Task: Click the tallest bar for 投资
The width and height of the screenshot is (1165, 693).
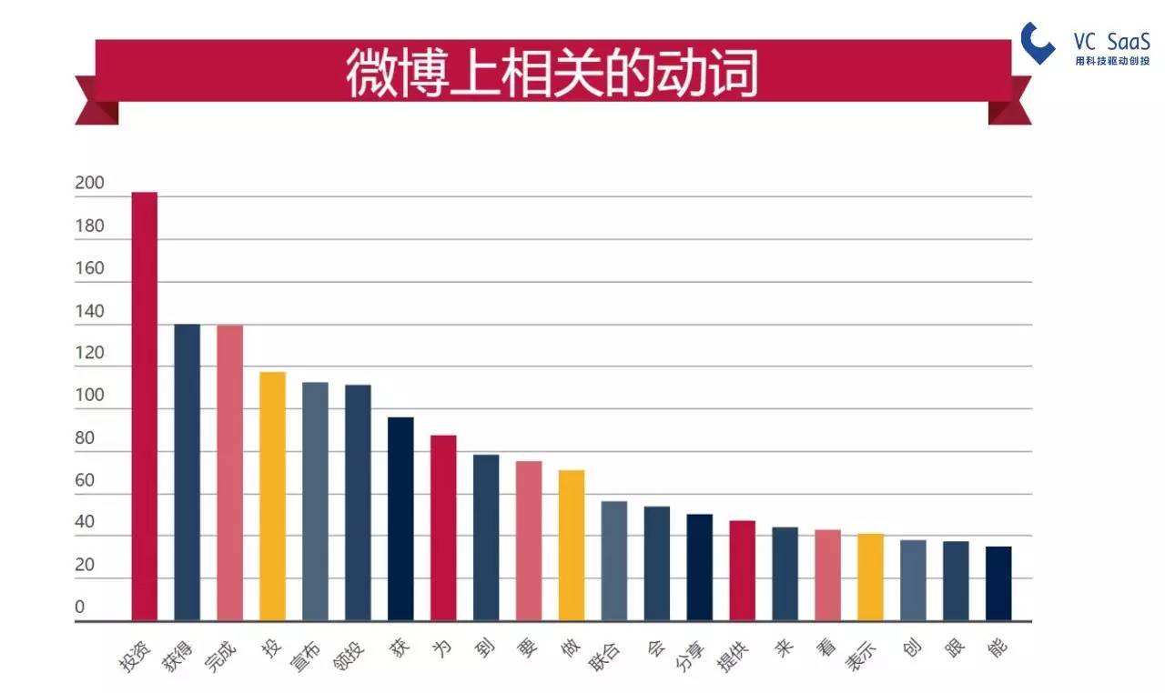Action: pyautogui.click(x=144, y=407)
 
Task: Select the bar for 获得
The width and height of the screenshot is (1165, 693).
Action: pyautogui.click(x=187, y=472)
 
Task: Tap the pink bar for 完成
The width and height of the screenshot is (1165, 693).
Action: pyautogui.click(x=230, y=473)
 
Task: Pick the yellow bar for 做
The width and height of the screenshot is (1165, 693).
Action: pyautogui.click(x=572, y=546)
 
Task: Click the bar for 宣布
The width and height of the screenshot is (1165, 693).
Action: pyautogui.click(x=315, y=501)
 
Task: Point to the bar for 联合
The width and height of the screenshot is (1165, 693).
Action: pyautogui.click(x=614, y=561)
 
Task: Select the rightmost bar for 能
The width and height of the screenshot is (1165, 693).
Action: pyautogui.click(x=998, y=583)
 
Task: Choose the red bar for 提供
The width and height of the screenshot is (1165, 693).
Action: pyautogui.click(x=742, y=570)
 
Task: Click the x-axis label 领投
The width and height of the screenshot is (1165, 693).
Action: pyautogui.click(x=349, y=657)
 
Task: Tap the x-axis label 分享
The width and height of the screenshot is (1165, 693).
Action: pyautogui.click(x=691, y=657)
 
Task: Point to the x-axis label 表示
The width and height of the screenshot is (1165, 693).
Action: pyautogui.click(x=861, y=656)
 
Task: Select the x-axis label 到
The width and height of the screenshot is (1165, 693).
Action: pyautogui.click(x=484, y=648)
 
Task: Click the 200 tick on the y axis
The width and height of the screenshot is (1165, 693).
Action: pyautogui.click(x=89, y=183)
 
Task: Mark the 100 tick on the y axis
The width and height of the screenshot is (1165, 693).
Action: pyautogui.click(x=89, y=396)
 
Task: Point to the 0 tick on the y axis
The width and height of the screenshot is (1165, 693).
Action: pyautogui.click(x=79, y=607)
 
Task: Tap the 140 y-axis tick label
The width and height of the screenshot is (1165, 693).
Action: pyautogui.click(x=89, y=311)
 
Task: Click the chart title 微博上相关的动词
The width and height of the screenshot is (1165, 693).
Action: pyautogui.click(x=552, y=74)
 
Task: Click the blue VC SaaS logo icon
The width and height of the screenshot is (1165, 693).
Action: pyautogui.click(x=1037, y=43)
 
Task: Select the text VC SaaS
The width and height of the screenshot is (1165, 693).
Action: pyautogui.click(x=1112, y=41)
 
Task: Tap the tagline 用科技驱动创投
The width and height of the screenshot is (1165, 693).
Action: pyautogui.click(x=1112, y=61)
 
